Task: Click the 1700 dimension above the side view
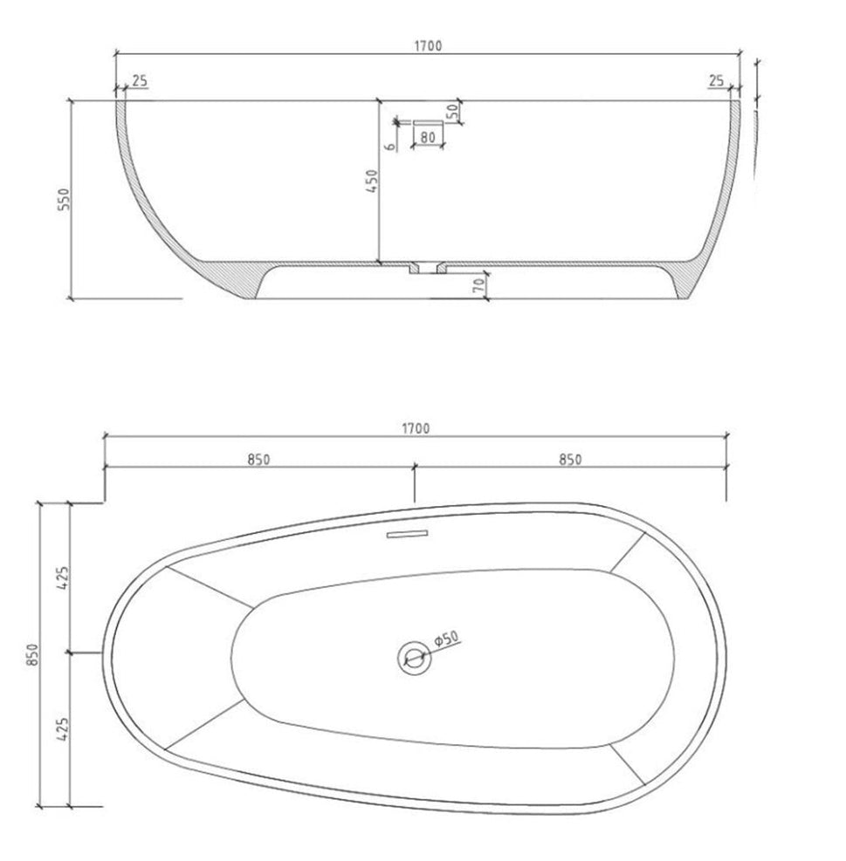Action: [428, 46]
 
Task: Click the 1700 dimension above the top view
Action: [416, 428]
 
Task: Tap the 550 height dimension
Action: [65, 200]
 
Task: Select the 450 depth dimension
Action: [372, 181]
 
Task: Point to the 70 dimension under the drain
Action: [478, 284]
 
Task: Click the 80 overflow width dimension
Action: [428, 137]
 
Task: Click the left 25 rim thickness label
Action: [141, 81]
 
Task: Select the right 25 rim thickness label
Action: [716, 81]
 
